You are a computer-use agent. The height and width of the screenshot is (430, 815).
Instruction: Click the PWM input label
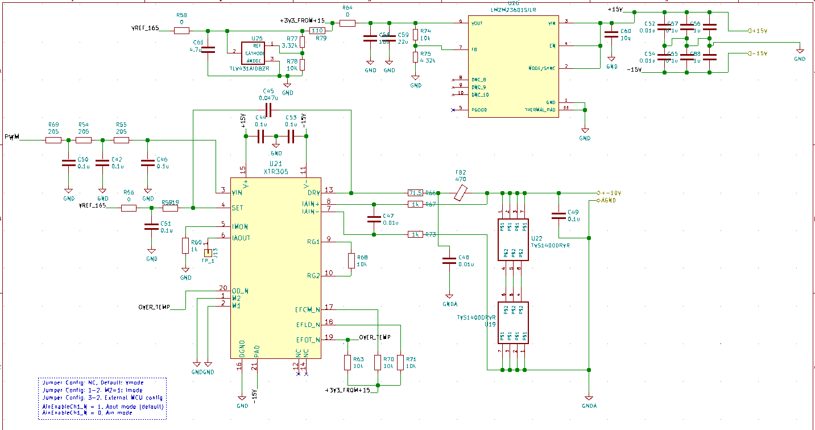(x=12, y=137)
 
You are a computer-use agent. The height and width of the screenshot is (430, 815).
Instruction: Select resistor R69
(x=53, y=140)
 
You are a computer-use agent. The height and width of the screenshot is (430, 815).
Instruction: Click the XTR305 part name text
(x=275, y=171)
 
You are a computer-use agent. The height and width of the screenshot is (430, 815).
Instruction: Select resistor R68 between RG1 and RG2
(x=351, y=261)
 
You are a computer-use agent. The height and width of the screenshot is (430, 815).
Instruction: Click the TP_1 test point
(x=208, y=252)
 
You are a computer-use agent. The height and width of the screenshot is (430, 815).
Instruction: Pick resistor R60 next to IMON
(x=185, y=246)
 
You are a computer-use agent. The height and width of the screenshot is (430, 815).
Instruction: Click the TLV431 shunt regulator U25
(x=253, y=52)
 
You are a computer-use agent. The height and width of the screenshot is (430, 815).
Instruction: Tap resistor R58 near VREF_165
(x=182, y=31)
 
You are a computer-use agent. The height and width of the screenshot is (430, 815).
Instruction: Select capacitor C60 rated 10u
(x=611, y=34)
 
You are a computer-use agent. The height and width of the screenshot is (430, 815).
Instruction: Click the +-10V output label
(x=610, y=192)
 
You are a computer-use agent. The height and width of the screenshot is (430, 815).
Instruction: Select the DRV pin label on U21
(x=312, y=193)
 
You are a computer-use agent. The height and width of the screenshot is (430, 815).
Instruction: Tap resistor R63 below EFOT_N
(x=347, y=362)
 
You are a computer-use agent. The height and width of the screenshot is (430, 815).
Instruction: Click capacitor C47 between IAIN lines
(x=374, y=219)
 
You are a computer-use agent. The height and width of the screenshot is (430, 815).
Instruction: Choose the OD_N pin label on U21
(x=241, y=291)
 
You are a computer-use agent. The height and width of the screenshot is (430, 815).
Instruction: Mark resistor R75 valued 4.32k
(x=416, y=57)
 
